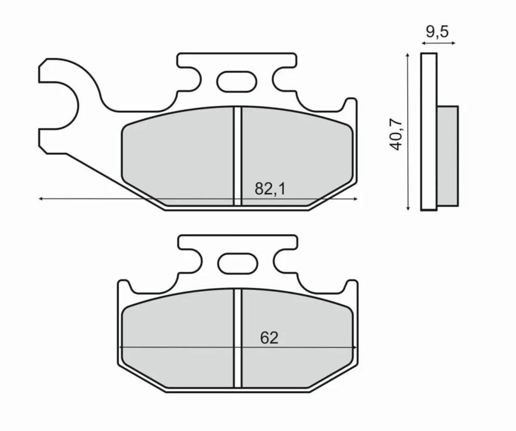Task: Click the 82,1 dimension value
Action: (x=270, y=189)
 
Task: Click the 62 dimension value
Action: (x=269, y=338)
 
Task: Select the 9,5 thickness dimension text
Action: (x=437, y=32)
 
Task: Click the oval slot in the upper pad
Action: (x=237, y=81)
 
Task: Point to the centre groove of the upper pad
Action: (x=238, y=156)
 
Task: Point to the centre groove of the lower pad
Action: (x=238, y=338)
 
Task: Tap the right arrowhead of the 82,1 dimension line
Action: (x=355, y=199)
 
